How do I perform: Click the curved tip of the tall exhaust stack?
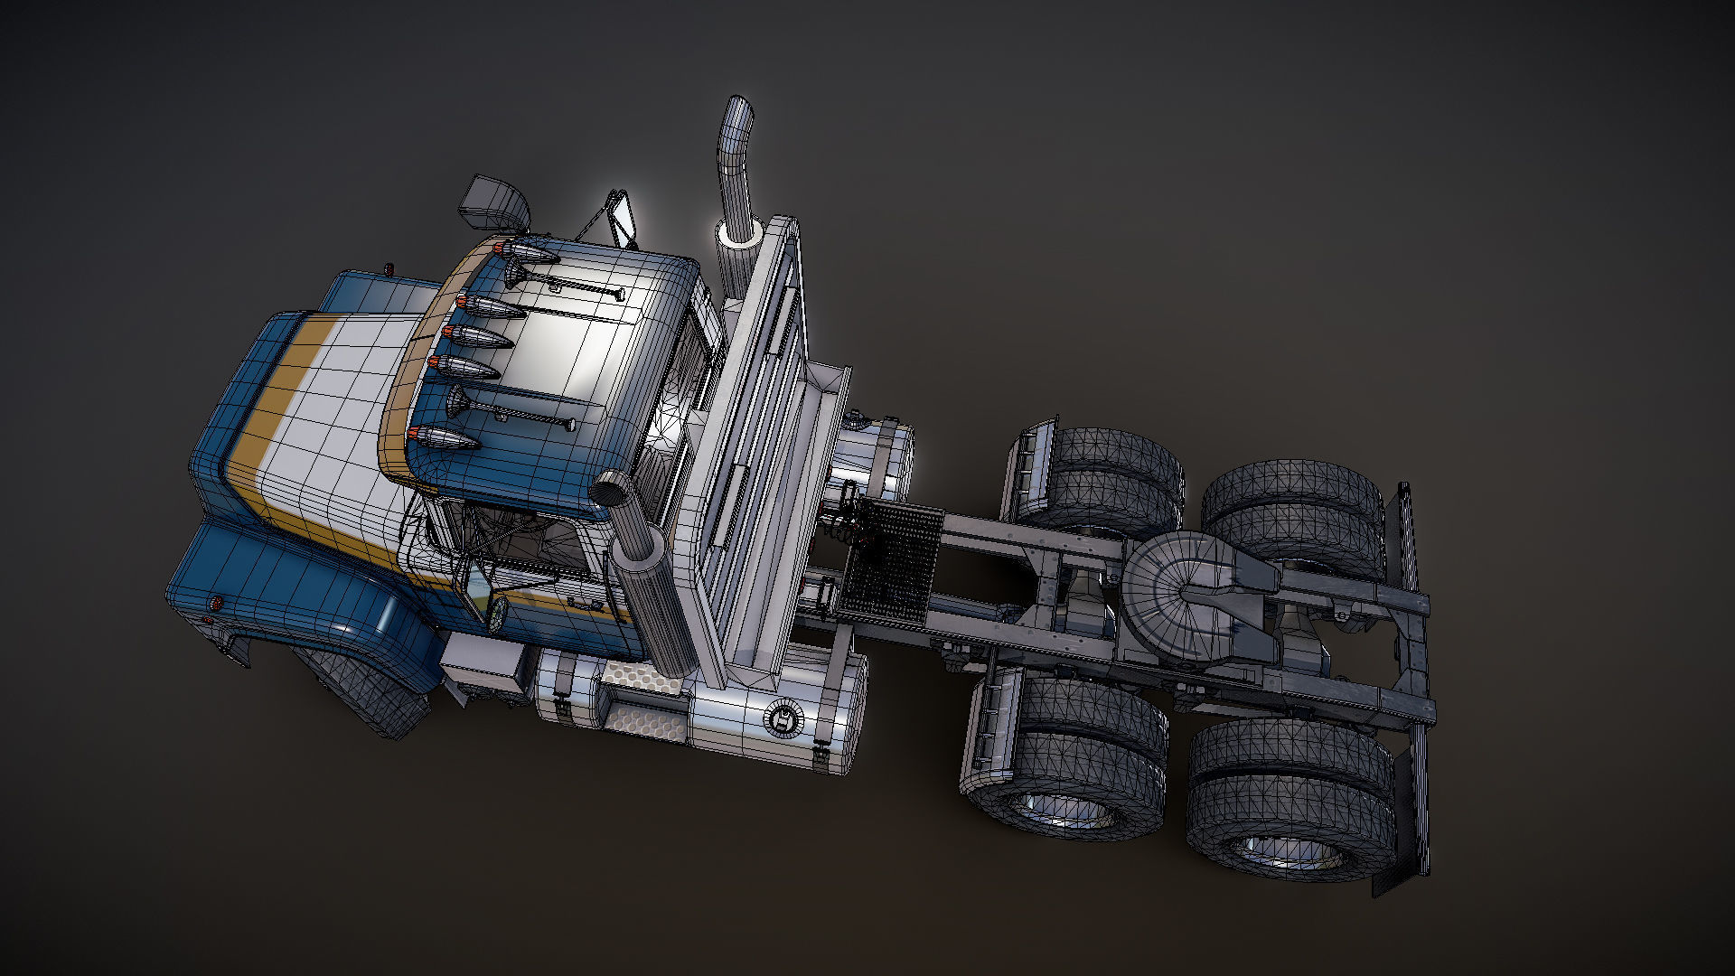738,112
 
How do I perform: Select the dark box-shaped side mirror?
493,202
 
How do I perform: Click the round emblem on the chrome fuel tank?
783,718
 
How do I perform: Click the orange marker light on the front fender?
216,603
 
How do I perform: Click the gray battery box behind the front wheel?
480,664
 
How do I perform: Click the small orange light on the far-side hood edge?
389,269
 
